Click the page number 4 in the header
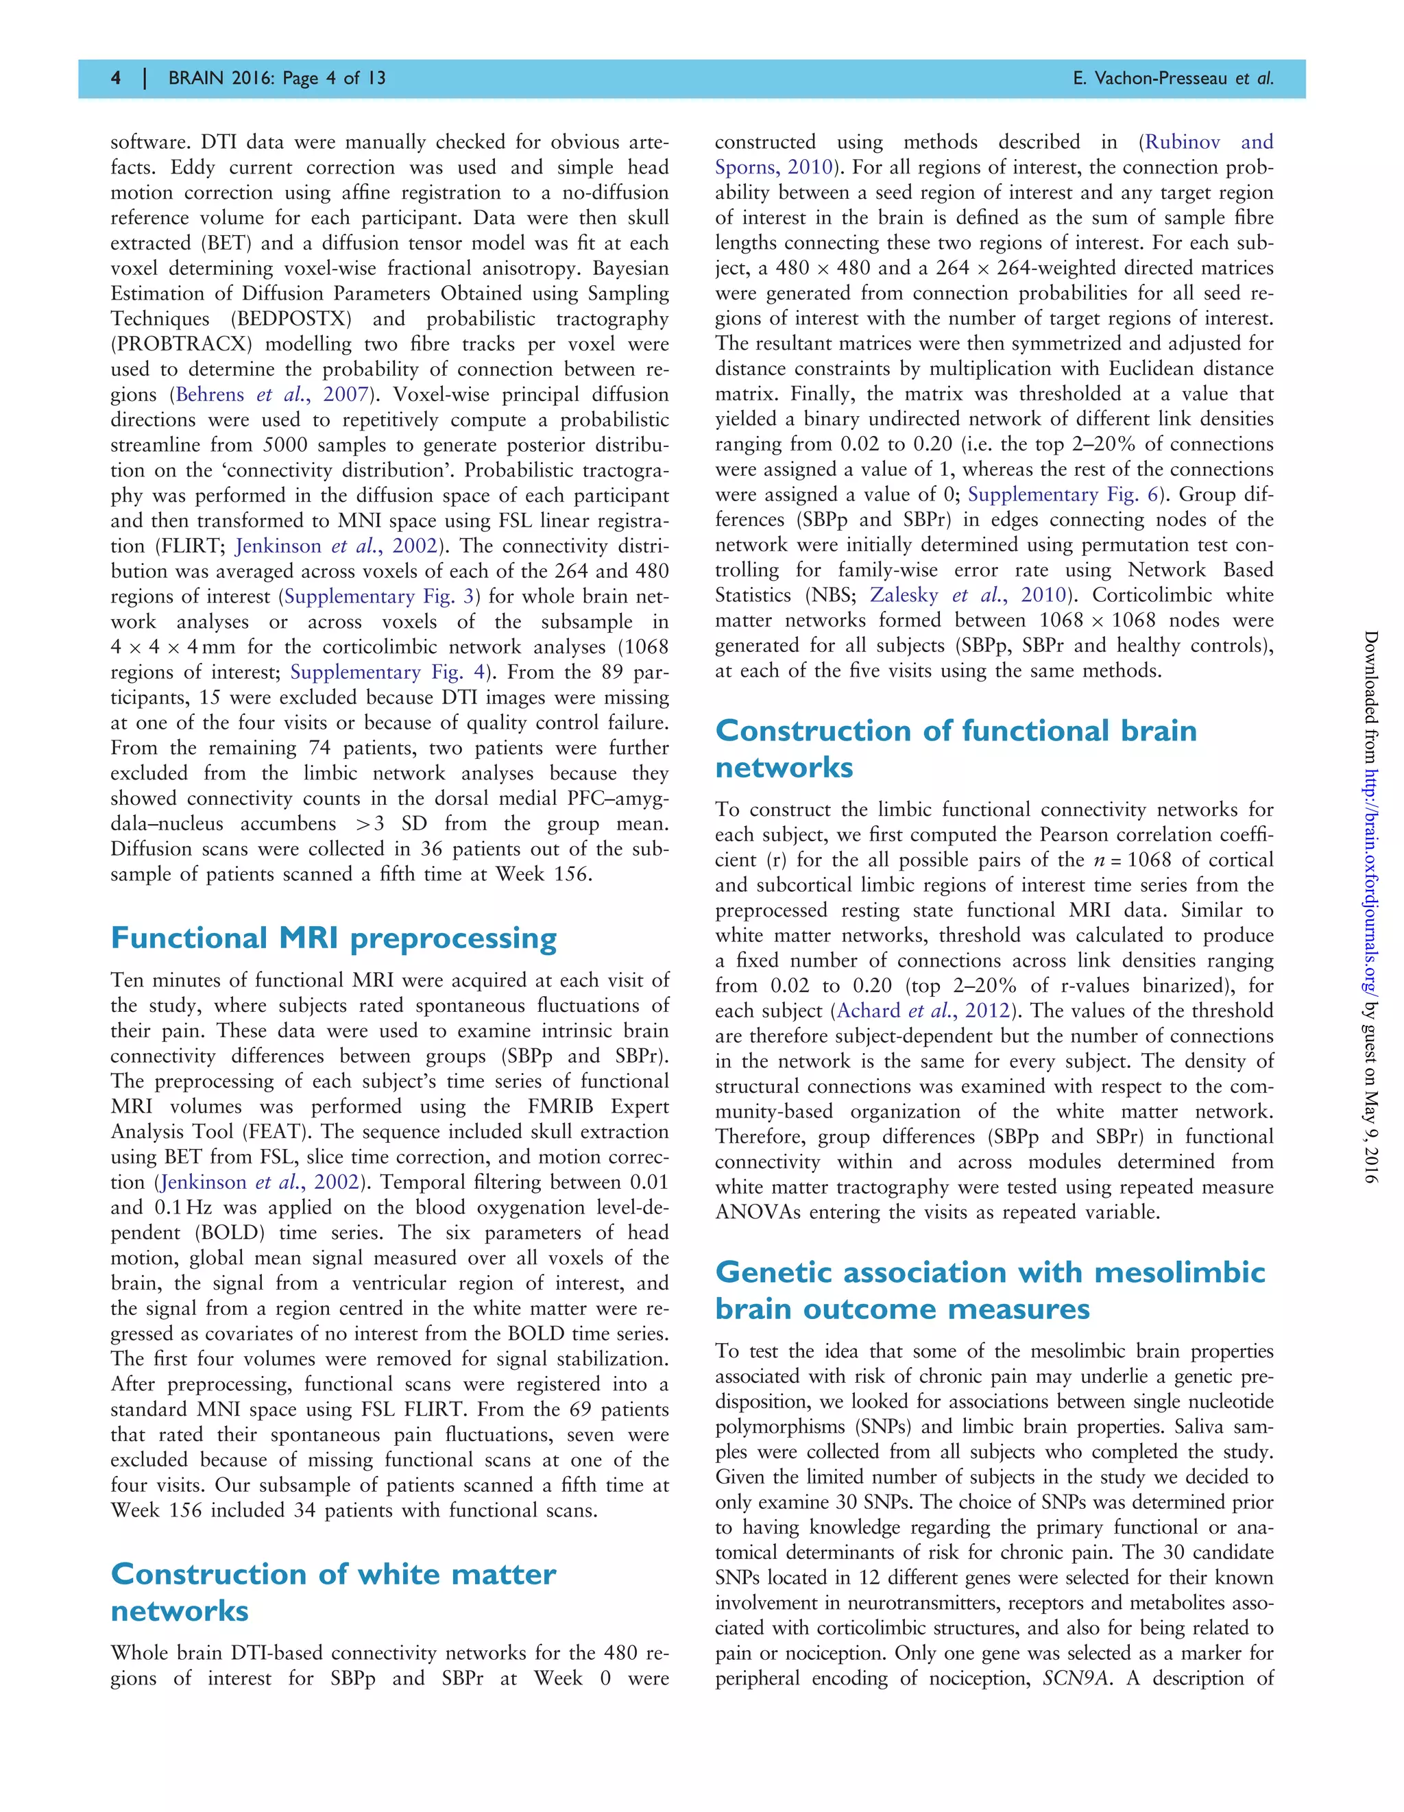[116, 78]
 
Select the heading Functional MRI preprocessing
[334, 939]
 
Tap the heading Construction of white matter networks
[332, 1592]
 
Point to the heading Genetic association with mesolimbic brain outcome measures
[989, 1290]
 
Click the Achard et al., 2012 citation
[923, 1011]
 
